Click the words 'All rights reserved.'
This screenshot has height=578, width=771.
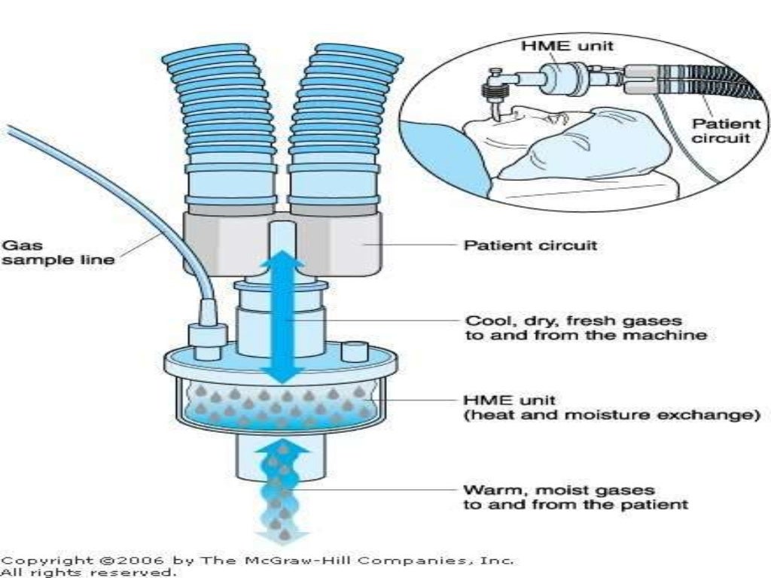pyautogui.click(x=89, y=572)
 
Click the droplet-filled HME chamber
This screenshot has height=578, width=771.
pyautogui.click(x=279, y=406)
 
